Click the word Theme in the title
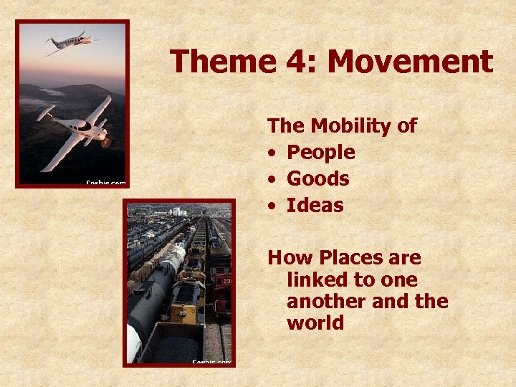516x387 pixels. (x=220, y=62)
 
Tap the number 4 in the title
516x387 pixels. (x=295, y=62)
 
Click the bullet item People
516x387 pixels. (x=320, y=153)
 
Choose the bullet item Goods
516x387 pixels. (x=317, y=179)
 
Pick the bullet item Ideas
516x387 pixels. (x=315, y=206)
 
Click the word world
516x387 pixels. (x=315, y=324)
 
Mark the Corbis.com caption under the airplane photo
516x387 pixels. (x=105, y=183)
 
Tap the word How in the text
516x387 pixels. (x=283, y=257)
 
